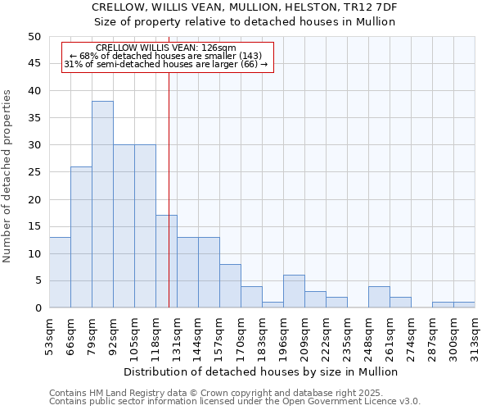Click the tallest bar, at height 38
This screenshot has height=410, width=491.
102,205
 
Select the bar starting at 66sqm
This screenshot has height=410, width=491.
81,238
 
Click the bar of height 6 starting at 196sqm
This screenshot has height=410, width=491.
294,292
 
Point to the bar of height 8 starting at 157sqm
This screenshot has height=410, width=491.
230,286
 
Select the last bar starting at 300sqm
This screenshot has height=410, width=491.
464,305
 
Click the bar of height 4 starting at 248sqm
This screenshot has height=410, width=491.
379,297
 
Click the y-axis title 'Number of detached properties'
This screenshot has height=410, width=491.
8,176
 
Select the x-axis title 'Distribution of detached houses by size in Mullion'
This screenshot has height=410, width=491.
262,371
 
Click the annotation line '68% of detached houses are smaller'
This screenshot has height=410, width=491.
167,56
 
